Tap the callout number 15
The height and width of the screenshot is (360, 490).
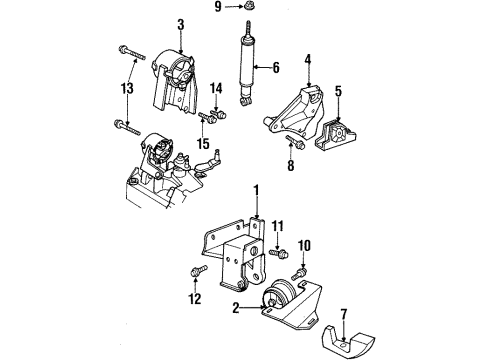[x=203, y=144]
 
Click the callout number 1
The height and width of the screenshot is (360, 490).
[x=255, y=190]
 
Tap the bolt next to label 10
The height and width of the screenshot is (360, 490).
[x=299, y=268]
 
